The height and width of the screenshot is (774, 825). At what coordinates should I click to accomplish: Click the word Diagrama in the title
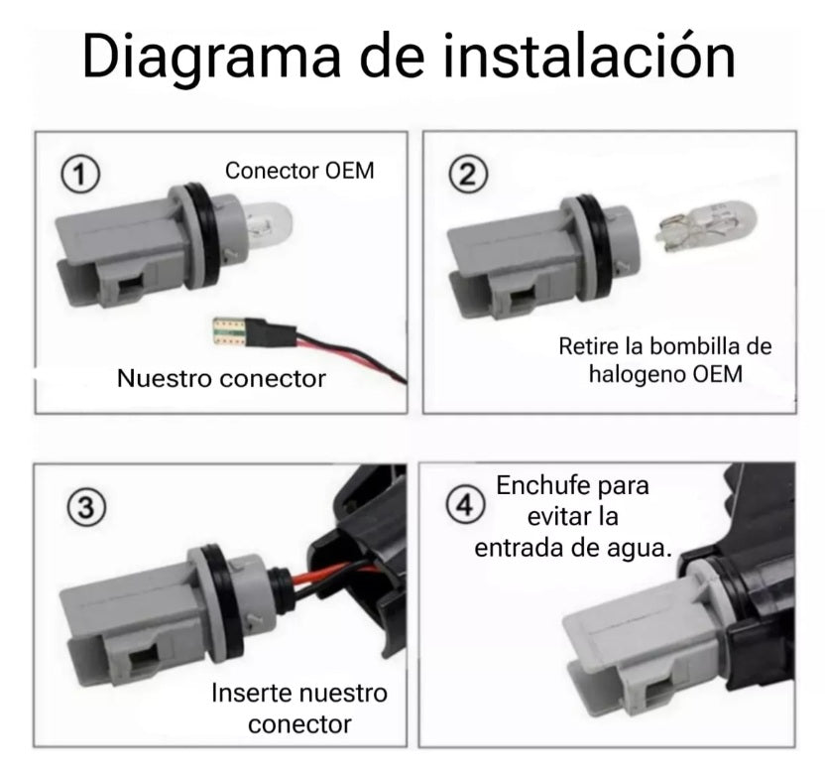pos(211,57)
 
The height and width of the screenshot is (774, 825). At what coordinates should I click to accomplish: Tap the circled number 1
pos(80,175)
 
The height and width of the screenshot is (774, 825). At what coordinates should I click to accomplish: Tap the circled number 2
pos(468,175)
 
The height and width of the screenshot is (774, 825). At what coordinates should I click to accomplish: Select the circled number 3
pos(86,508)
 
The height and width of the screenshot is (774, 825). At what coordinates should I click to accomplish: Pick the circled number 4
pos(465,505)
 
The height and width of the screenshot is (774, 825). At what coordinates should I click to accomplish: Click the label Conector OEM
pos(299,171)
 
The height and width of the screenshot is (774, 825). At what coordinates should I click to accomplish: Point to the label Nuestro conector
pos(221,379)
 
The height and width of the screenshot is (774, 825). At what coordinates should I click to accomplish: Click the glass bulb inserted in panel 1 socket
pos(269,226)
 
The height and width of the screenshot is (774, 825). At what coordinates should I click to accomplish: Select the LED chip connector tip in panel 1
pos(230,331)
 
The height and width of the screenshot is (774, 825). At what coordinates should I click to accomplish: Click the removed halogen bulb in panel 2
pos(706,226)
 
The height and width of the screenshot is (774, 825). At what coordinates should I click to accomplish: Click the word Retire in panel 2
pos(589,346)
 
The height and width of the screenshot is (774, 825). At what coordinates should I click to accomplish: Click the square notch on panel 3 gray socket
pos(144,659)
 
